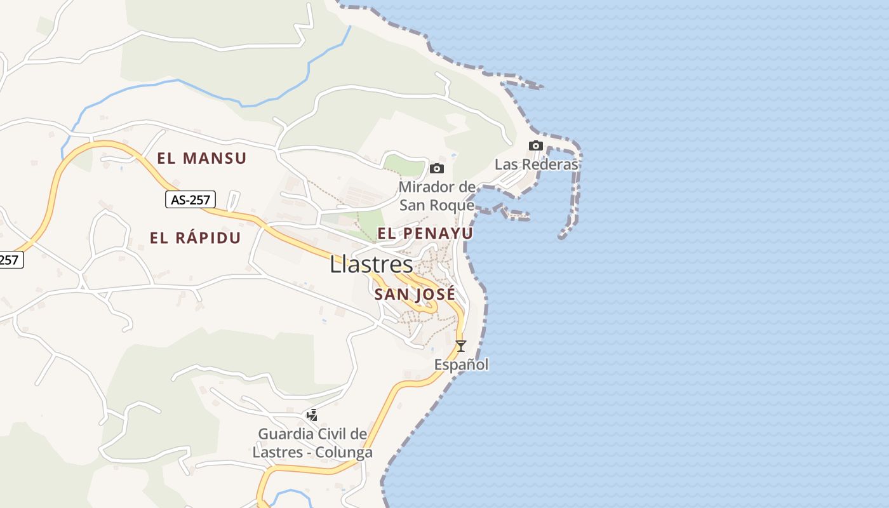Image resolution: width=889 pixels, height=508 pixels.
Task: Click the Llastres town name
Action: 371,265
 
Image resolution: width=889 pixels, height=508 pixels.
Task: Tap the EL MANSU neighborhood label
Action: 201,158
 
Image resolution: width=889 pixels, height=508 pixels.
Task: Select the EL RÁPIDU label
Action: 195,238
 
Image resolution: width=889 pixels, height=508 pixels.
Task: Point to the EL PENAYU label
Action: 425,234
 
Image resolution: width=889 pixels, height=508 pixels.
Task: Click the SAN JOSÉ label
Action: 415,295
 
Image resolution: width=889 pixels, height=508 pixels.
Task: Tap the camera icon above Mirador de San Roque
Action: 437,168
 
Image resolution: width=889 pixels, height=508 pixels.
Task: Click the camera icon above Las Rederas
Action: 536,145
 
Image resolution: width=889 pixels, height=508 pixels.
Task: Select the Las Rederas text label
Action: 537,164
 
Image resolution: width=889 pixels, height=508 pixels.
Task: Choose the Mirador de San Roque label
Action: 437,196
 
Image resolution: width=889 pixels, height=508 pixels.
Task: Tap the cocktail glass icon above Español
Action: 461,346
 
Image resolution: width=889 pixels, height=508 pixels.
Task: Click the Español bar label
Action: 462,364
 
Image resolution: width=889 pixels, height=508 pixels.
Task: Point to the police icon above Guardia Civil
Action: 312,415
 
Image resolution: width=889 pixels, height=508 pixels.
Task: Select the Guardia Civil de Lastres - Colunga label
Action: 312,443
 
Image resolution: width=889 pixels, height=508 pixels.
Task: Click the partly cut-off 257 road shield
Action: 11,260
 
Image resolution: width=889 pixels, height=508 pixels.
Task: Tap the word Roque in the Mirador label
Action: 452,205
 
